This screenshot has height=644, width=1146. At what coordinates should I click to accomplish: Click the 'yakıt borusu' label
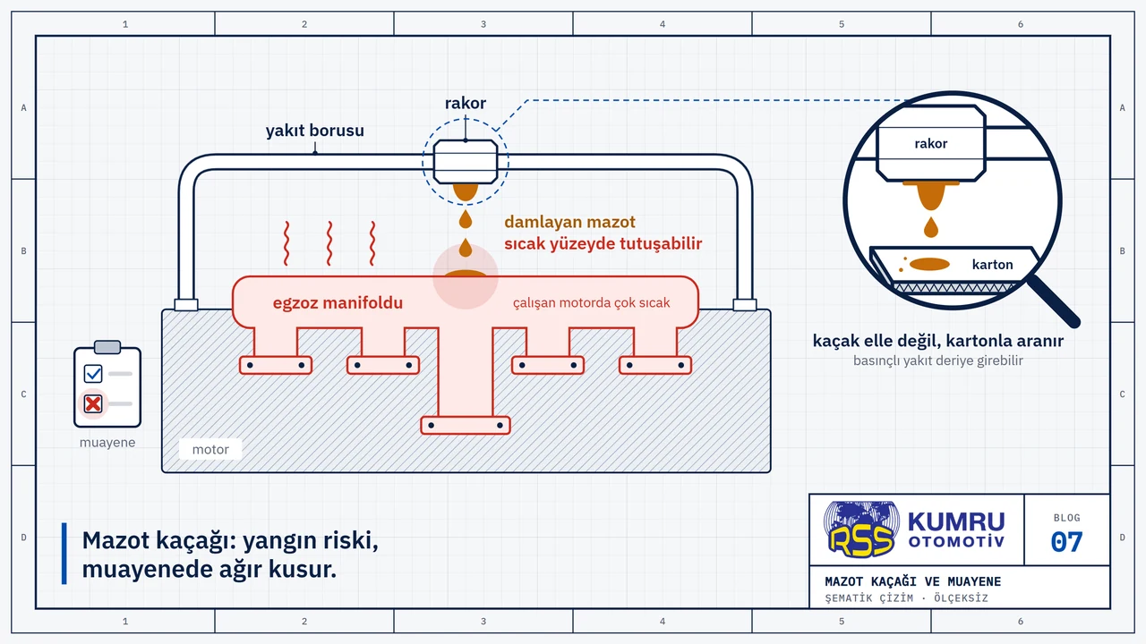coord(314,131)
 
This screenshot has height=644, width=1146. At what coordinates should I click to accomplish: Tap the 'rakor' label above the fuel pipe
coord(465,103)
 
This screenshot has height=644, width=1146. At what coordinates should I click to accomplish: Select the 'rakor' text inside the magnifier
coord(930,144)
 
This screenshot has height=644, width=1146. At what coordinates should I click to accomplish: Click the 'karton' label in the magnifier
coord(993,265)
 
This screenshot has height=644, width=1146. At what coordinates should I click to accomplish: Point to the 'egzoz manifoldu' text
coord(338,303)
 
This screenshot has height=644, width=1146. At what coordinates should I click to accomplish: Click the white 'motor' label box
coord(210,449)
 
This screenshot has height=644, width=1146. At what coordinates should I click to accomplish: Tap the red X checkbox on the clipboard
coord(92,403)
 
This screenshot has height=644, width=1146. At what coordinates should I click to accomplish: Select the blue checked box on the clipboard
coord(92,374)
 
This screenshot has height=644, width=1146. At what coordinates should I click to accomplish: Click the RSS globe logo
coord(861,530)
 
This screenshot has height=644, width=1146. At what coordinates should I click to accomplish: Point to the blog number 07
coord(1066,542)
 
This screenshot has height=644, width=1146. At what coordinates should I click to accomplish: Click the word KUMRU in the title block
coord(956,522)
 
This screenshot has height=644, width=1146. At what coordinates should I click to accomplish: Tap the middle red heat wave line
coord(329,243)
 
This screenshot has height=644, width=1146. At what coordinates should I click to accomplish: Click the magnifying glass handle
coord(1054,301)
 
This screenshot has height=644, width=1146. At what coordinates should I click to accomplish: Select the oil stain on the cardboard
coord(929,264)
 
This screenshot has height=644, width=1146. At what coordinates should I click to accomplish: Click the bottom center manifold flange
coord(465,425)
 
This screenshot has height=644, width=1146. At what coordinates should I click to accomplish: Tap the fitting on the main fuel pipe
coord(465,162)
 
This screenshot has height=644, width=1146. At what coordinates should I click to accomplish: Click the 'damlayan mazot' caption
coord(570,223)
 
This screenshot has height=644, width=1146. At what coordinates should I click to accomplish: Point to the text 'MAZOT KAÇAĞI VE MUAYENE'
coord(912,581)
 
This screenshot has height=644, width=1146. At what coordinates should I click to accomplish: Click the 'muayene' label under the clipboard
coord(107,443)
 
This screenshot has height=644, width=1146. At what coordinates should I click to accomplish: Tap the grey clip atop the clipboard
coord(107,347)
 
